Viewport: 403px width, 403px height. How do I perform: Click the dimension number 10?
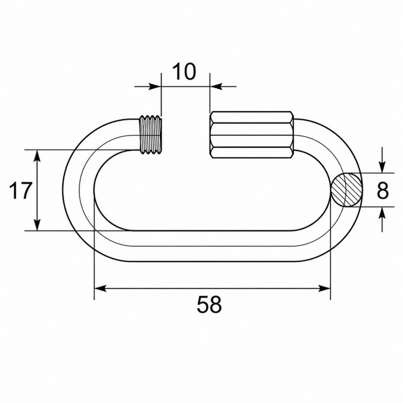click(184, 71)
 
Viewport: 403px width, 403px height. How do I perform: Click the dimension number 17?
click(21, 191)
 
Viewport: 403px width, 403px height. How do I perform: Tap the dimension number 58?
click(209, 305)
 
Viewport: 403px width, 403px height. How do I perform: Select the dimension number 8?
click(383, 191)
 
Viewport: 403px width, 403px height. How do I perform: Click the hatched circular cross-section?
click(347, 190)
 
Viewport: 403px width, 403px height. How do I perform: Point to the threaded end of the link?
click(151, 135)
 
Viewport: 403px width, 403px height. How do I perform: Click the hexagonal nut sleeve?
click(252, 135)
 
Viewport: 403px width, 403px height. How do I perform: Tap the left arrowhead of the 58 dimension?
click(100, 288)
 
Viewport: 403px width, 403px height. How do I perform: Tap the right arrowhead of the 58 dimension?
click(324, 288)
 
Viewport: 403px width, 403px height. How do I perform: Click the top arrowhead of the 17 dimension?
click(37, 156)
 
